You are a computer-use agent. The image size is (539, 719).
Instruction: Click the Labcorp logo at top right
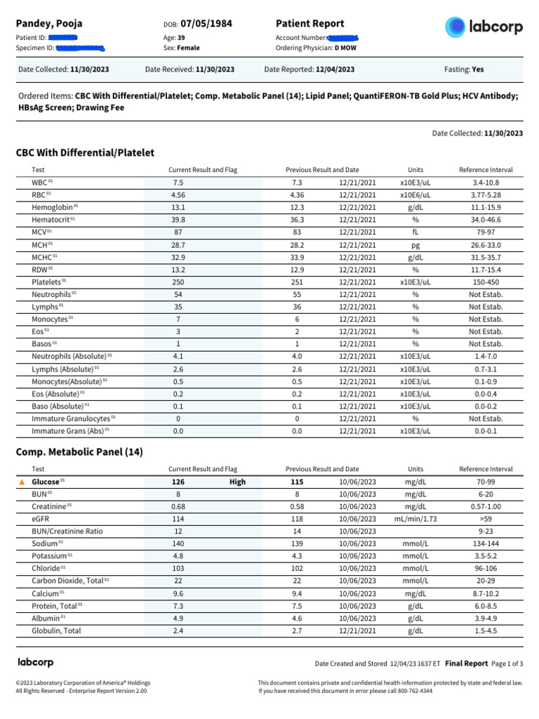(x=484, y=27)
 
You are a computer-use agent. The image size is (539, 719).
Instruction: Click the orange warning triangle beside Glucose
(x=21, y=482)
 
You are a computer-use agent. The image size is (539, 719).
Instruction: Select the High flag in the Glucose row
(x=237, y=482)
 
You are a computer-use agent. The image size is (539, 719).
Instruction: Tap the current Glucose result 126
(x=178, y=482)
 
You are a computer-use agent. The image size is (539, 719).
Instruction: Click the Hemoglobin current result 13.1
(x=178, y=207)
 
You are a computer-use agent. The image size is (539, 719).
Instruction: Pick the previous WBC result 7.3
(x=297, y=183)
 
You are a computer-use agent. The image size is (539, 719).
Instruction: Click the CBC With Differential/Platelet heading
(x=85, y=152)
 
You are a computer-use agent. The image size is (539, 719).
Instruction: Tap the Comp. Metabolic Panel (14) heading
(x=79, y=452)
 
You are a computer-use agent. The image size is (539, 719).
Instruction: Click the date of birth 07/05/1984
(x=206, y=25)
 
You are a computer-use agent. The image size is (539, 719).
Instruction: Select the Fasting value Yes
(x=478, y=70)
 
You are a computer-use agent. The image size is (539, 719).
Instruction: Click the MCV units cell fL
(x=415, y=232)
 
